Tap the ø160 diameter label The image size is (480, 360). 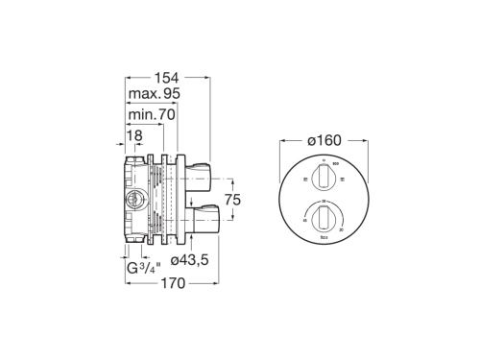[324, 140]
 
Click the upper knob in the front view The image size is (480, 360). [324, 176]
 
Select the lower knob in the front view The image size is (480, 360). [324, 217]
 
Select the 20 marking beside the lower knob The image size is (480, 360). [305, 221]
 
